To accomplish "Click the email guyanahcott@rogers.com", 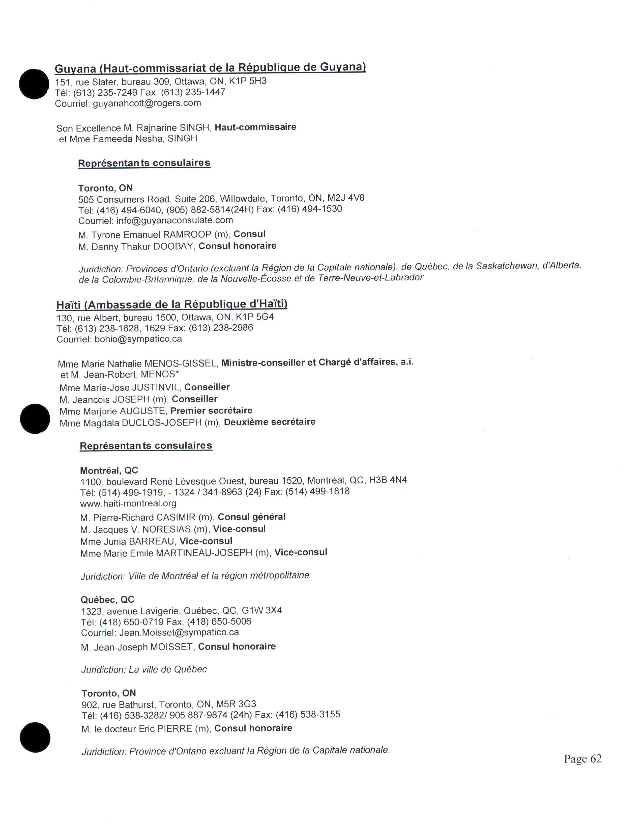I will click(x=147, y=103).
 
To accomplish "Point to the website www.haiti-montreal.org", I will click(x=128, y=504).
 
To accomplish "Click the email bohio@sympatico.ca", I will click(x=138, y=339).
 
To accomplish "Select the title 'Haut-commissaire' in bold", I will click(x=255, y=127).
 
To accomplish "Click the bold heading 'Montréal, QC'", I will click(x=109, y=470).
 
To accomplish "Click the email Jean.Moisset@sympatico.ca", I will click(x=179, y=632).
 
